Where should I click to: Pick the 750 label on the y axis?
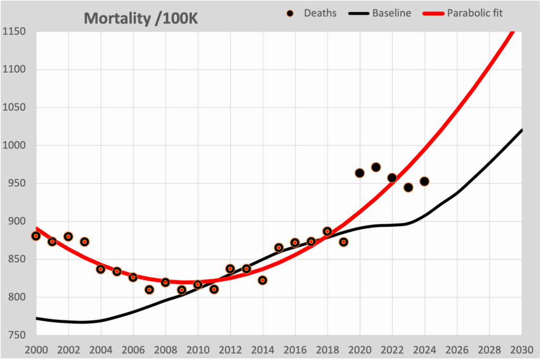pos(14,335)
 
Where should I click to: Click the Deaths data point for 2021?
pos(376,167)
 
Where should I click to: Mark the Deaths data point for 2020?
pos(360,173)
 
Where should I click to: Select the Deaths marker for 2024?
pos(424,181)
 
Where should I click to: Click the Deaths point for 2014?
pos(263,280)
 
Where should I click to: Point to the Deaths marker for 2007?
pos(149,289)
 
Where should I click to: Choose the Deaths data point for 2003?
pos(84,242)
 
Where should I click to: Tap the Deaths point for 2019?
pos(343,242)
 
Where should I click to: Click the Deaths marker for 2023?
pos(408,187)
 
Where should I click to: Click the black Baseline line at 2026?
pos(457,193)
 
